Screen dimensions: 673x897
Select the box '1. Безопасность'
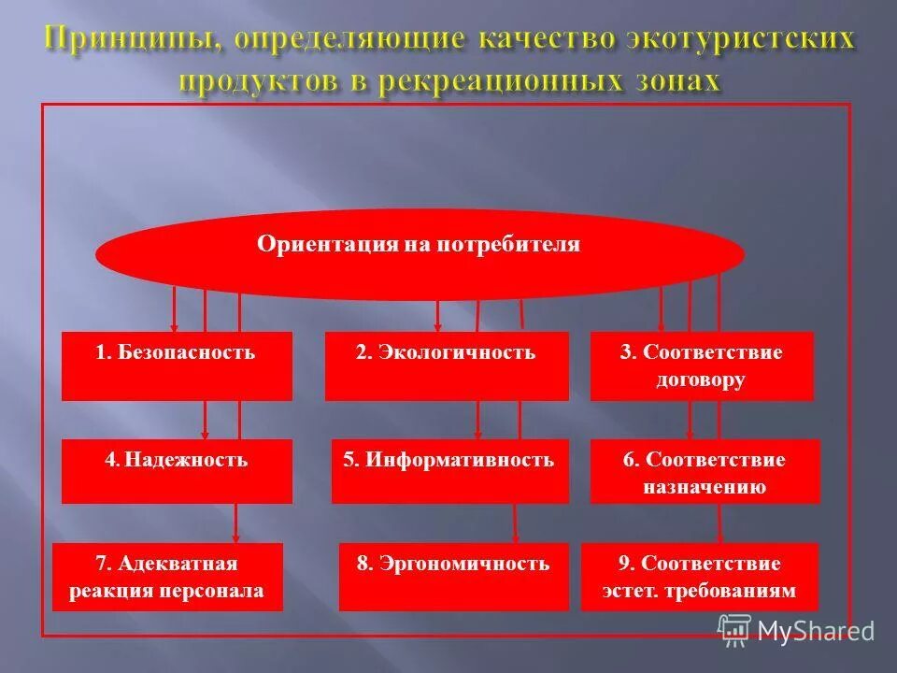point(177,366)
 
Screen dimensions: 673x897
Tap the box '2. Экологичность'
point(446,366)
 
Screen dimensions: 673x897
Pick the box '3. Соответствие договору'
point(701,366)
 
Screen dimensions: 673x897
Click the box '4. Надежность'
point(177,471)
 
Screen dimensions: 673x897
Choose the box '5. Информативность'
point(449,471)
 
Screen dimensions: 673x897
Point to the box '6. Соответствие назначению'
point(705,471)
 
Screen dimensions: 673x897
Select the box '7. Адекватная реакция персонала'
point(167,577)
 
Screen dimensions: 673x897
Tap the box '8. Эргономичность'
point(453,577)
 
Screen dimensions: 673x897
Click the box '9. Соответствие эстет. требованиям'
point(699,577)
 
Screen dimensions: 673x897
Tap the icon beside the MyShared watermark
point(734,629)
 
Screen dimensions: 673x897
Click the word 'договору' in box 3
point(701,380)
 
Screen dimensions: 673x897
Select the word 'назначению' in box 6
point(705,486)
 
